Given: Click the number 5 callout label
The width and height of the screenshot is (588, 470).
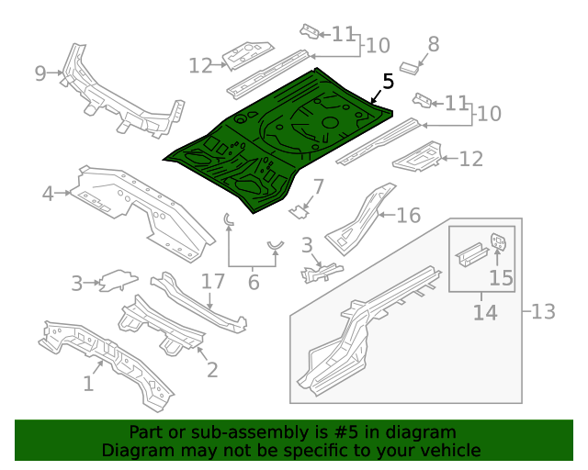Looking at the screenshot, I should (388, 81).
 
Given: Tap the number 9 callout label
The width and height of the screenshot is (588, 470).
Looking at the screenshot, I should (40, 73).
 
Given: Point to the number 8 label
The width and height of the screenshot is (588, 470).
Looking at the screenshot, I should (434, 43).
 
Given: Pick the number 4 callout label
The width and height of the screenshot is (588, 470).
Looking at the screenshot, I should (48, 193).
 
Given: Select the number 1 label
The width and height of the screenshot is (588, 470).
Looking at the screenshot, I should (88, 384).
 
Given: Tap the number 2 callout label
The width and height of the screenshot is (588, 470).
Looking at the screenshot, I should (212, 370).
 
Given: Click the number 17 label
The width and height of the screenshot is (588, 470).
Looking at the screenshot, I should (213, 281).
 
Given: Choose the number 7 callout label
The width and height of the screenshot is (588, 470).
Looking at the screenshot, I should (318, 187).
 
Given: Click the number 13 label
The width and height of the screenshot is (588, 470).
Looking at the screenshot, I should (544, 311).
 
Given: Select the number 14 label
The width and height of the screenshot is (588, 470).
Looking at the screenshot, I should (484, 313).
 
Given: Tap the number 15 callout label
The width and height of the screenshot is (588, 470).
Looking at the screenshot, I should (501, 277).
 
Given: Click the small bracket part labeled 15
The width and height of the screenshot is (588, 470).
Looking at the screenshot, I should (500, 242).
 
